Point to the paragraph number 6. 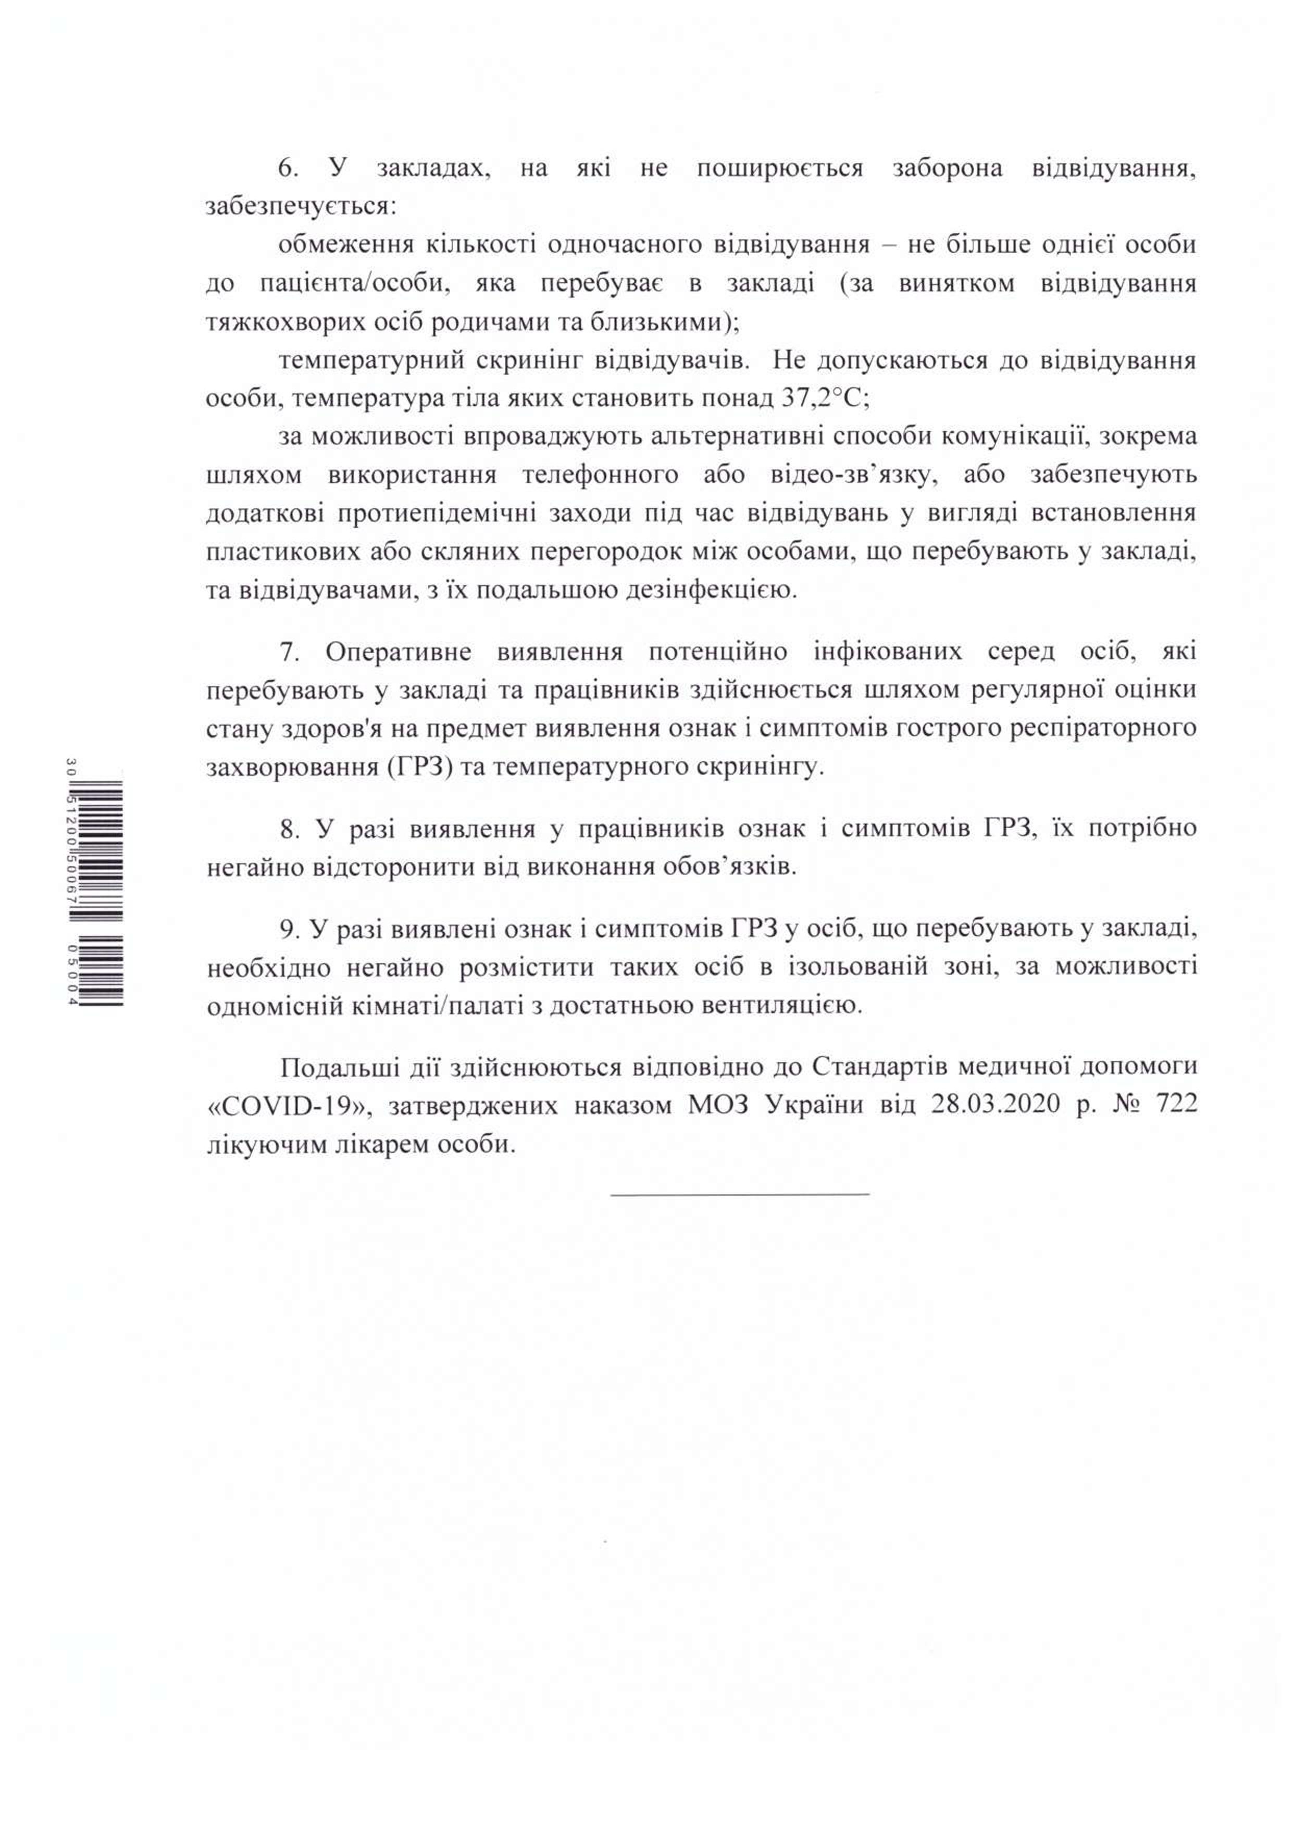(288, 169)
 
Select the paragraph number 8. (289, 829)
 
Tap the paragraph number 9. (289, 930)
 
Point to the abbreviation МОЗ (718, 1105)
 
